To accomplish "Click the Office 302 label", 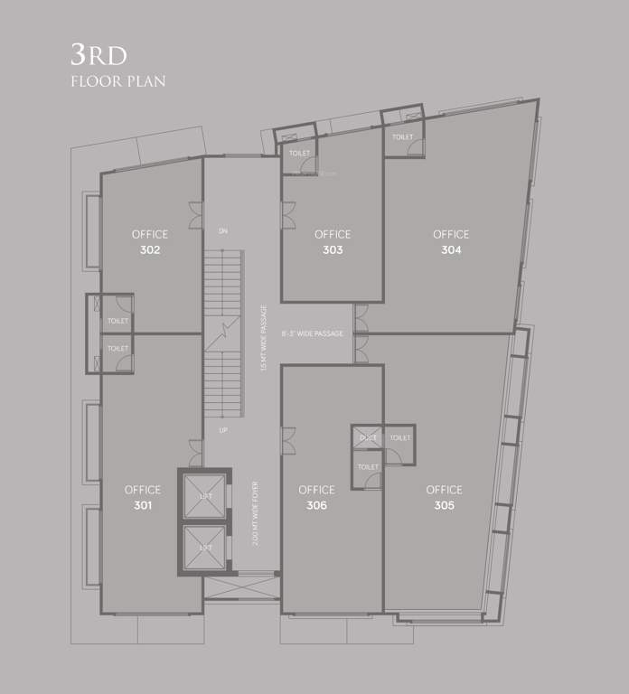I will (150, 242).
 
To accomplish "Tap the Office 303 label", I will (333, 242).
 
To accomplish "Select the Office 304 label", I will (451, 242).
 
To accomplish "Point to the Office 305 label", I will (444, 497).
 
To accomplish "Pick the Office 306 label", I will (316, 497).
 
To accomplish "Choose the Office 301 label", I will (143, 497).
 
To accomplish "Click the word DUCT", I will (367, 437).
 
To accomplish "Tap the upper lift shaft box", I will (204, 495).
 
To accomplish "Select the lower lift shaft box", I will (204, 548).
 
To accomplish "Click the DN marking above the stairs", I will (222, 231).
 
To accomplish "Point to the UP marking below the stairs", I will (222, 430).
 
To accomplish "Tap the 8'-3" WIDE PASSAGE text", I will (312, 334).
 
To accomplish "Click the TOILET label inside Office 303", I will (299, 154).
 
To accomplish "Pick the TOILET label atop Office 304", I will (402, 137).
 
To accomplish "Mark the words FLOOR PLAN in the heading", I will (117, 81).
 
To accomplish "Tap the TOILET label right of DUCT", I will (399, 437).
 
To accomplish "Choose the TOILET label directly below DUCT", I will (368, 467).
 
